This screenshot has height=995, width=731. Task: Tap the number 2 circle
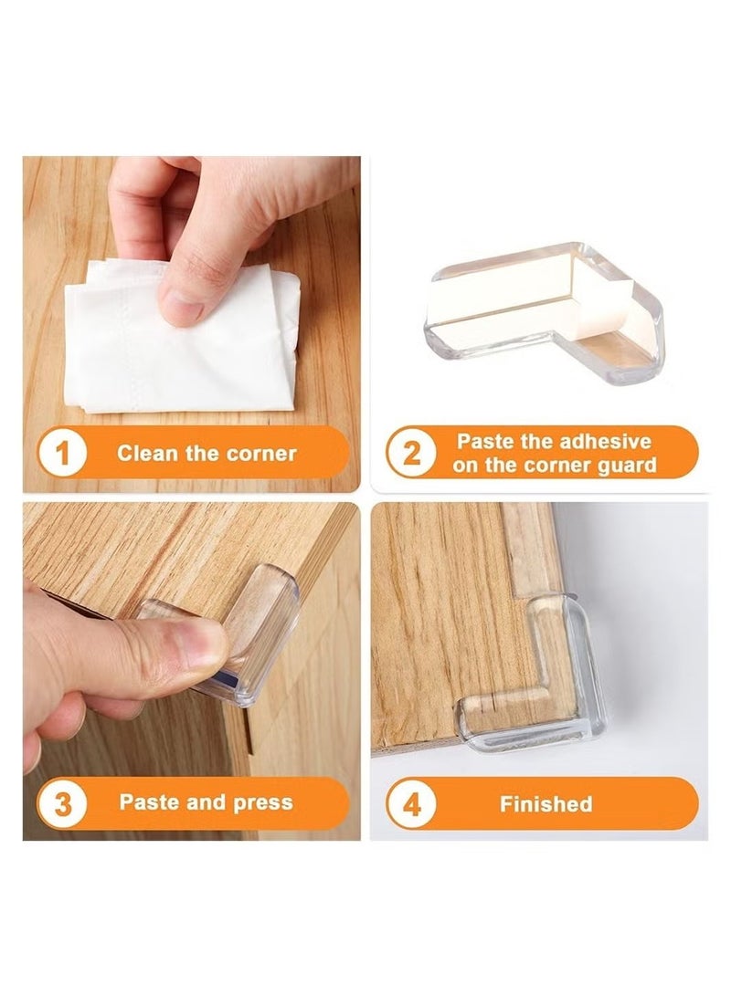pyautogui.click(x=412, y=454)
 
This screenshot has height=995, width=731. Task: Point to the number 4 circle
pyautogui.click(x=412, y=804)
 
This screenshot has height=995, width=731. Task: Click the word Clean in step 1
pyautogui.click(x=143, y=454)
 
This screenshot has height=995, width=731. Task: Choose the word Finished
pyautogui.click(x=546, y=804)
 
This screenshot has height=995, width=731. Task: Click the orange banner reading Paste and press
pyautogui.click(x=192, y=804)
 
